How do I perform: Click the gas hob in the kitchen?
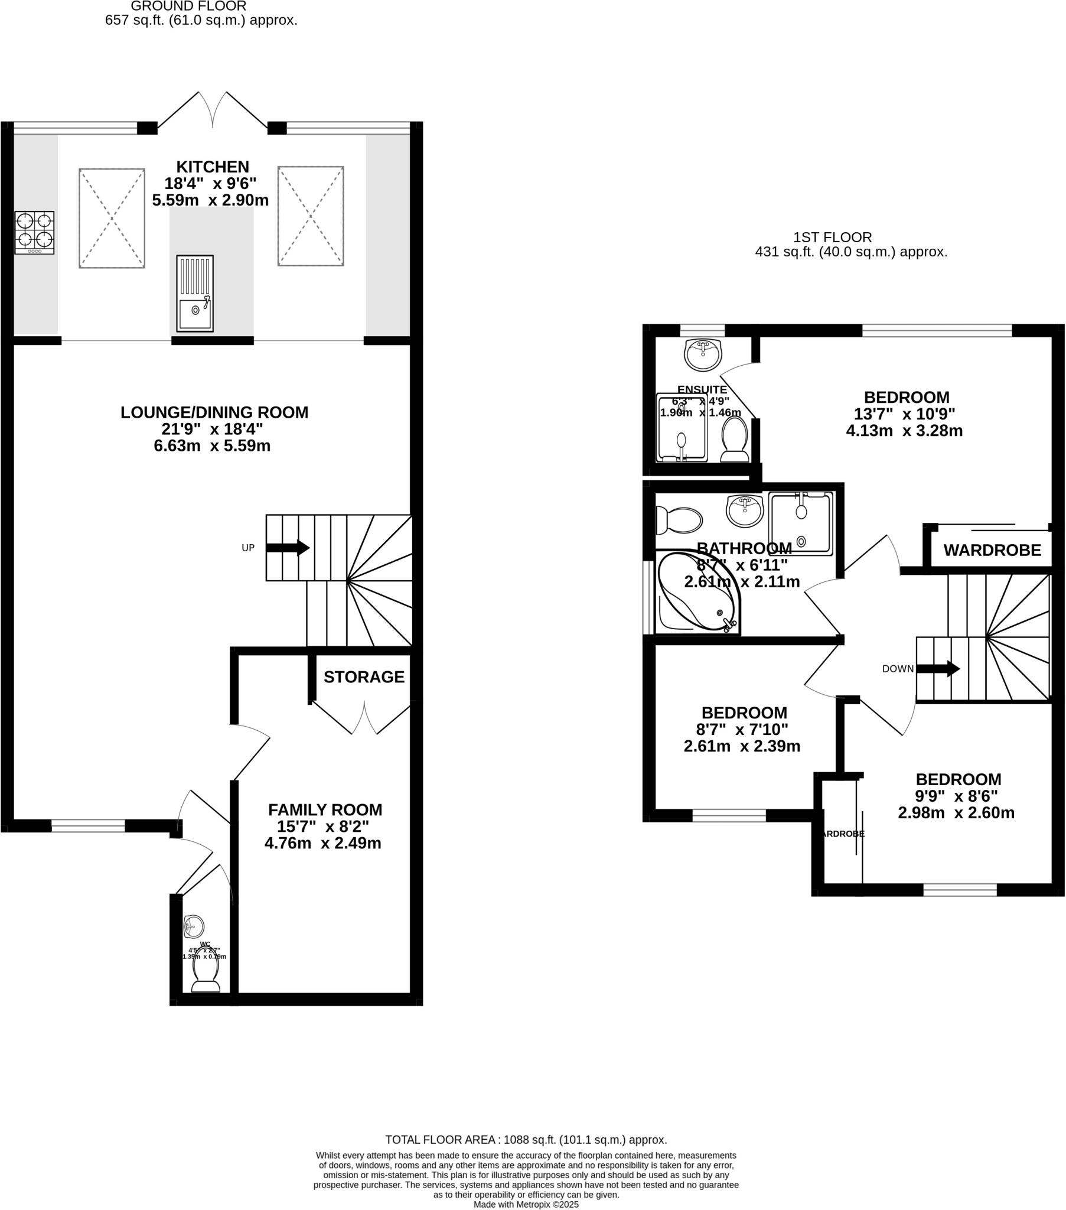(x=34, y=232)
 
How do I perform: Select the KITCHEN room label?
(x=213, y=167)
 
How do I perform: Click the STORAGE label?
(x=364, y=676)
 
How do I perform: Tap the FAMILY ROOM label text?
(x=325, y=810)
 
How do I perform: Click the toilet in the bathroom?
(x=679, y=521)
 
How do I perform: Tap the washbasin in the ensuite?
(x=703, y=354)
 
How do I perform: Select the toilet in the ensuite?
(x=735, y=439)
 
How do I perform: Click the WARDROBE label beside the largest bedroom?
(x=992, y=550)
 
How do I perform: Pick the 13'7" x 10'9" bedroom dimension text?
(x=904, y=414)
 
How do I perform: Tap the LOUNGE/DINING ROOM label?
(x=214, y=412)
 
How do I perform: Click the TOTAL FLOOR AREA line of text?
(x=526, y=1140)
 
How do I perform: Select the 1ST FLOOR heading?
(x=832, y=238)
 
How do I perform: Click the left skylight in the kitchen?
(x=112, y=218)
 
